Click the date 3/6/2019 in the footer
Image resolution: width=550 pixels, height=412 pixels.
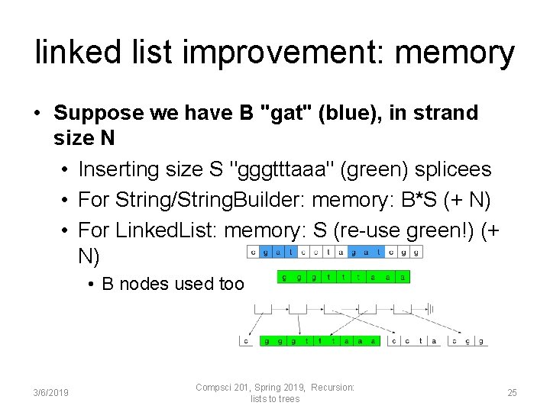tap(51, 393)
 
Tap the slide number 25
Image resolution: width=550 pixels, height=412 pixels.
tap(512, 393)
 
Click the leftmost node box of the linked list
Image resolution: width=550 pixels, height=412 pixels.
tap(261, 308)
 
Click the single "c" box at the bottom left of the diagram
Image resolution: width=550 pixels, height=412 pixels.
tap(246, 341)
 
